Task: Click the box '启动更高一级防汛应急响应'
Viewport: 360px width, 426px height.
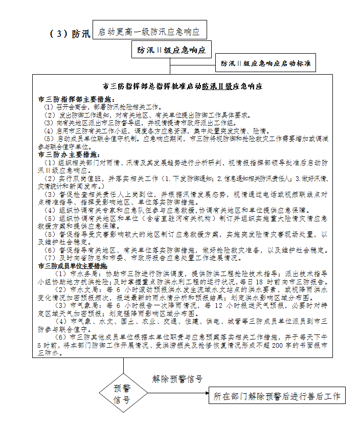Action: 150,31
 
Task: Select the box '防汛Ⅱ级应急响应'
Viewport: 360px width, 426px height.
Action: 171,50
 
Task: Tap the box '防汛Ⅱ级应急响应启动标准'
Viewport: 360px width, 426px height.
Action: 265,63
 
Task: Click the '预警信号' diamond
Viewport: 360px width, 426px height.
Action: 123,394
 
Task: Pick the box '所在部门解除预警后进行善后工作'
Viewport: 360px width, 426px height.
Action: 277,396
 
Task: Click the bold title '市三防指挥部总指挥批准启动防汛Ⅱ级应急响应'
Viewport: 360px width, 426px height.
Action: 183,86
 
